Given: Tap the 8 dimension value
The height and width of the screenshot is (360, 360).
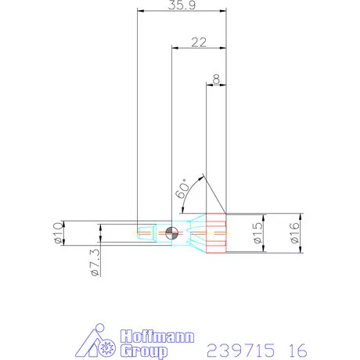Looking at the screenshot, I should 215,79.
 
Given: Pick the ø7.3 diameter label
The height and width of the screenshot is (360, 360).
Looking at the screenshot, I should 93,264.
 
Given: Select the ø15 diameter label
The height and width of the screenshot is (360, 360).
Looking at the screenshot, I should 256,233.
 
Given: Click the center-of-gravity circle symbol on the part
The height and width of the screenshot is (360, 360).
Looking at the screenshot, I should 172,232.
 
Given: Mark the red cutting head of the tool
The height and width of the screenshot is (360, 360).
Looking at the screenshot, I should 215,232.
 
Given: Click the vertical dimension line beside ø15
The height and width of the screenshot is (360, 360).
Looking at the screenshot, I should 266,232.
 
